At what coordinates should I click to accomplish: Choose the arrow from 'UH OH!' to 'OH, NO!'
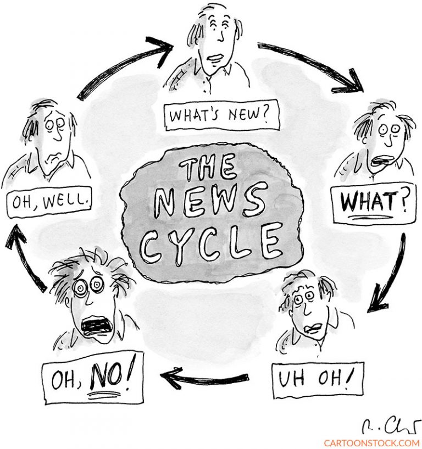coord(204,379)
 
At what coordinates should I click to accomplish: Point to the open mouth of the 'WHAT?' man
coord(382,160)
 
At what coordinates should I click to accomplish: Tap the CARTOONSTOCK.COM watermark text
coord(371,443)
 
